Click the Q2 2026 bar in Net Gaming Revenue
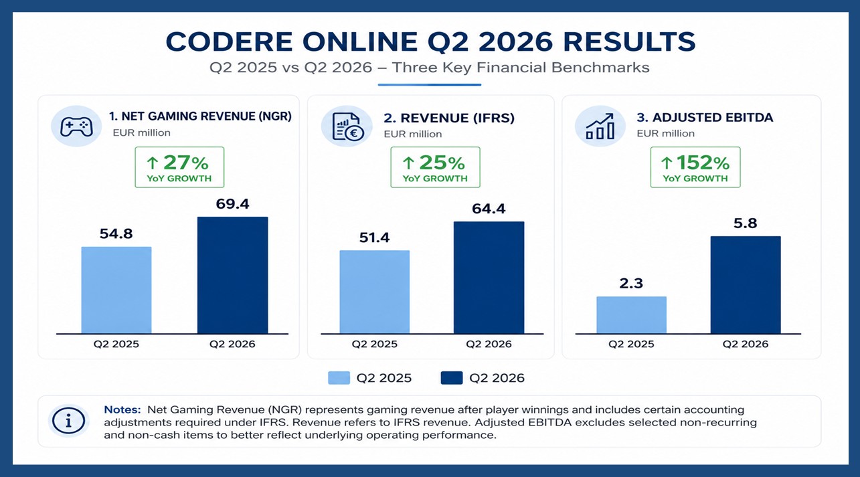pyautogui.click(x=233, y=275)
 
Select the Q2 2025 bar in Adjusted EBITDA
pyautogui.click(x=632, y=315)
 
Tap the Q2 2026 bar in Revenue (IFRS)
pyautogui.click(x=489, y=278)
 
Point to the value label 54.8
pyautogui.click(x=116, y=233)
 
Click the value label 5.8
pyautogui.click(x=745, y=223)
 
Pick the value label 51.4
pyautogui.click(x=374, y=238)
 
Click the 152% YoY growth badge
pyautogui.click(x=695, y=167)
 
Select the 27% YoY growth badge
pyautogui.click(x=179, y=167)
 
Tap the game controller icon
pyautogui.click(x=76, y=126)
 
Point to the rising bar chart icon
pyautogui.click(x=600, y=126)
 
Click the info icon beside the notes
pyautogui.click(x=69, y=421)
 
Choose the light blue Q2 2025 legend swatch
pyautogui.click(x=339, y=378)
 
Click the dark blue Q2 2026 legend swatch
pyautogui.click(x=452, y=378)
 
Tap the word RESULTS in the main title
pyautogui.click(x=629, y=42)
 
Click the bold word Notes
pyautogui.click(x=122, y=409)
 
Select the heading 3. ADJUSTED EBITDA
pyautogui.click(x=705, y=118)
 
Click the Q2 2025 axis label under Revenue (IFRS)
pyautogui.click(x=374, y=344)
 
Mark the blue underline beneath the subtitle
pyautogui.click(x=429, y=85)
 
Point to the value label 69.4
pyautogui.click(x=233, y=204)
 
